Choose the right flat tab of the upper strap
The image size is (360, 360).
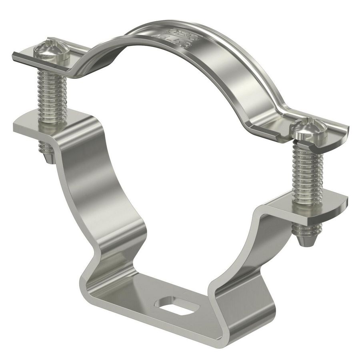(x=336, y=130)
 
